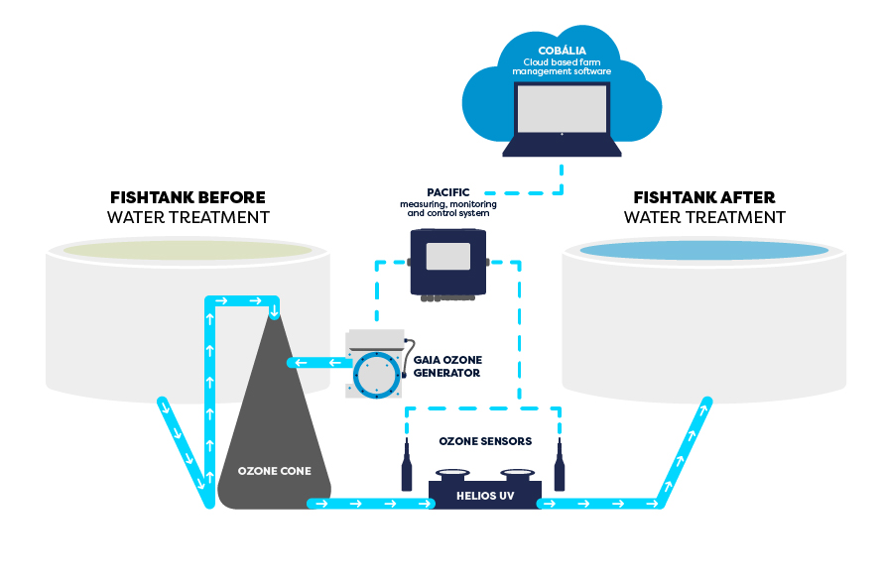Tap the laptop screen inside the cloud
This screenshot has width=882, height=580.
click(562, 109)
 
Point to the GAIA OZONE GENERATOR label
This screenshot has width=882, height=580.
click(445, 367)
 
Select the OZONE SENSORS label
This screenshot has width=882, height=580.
click(484, 441)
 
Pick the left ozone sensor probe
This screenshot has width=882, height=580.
click(407, 468)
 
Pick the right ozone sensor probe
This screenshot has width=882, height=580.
click(560, 468)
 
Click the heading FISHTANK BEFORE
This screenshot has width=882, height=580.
click(188, 197)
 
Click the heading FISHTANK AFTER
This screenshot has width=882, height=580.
click(704, 197)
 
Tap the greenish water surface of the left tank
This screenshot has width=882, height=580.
click(188, 249)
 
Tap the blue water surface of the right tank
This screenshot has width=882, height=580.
click(704, 250)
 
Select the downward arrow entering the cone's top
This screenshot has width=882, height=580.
click(274, 312)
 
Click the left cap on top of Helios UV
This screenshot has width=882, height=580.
click(452, 474)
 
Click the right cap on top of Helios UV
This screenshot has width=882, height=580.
click(517, 474)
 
